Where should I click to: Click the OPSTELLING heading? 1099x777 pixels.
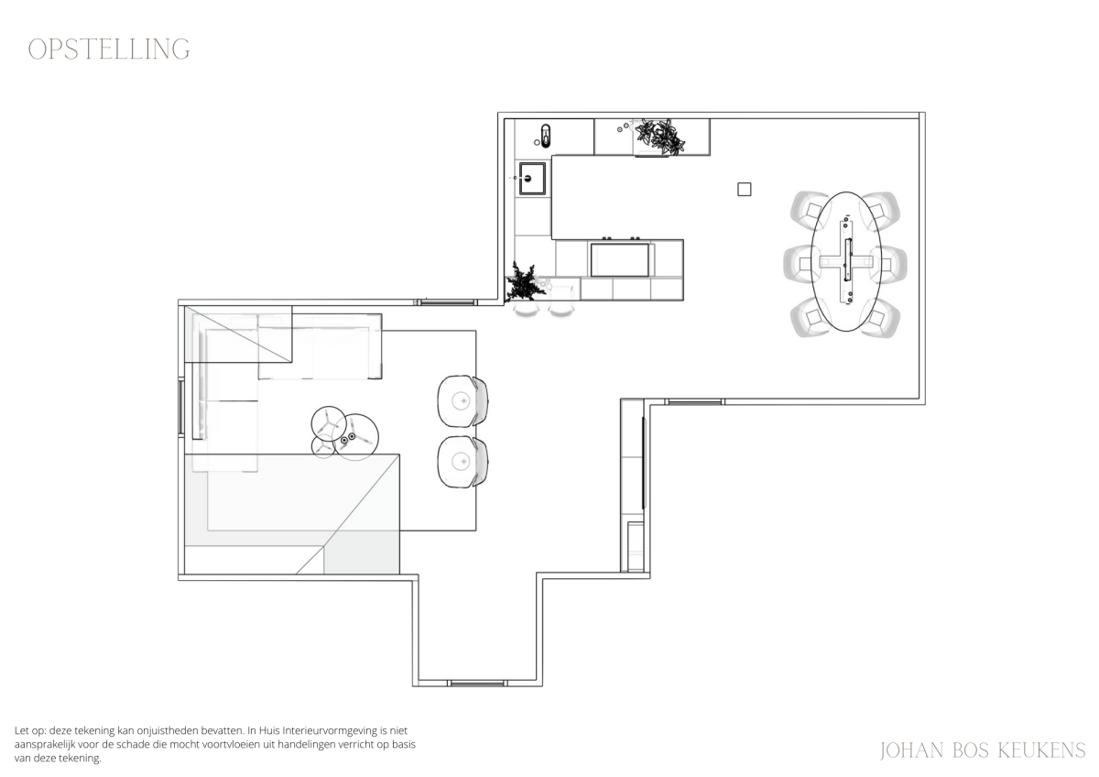109,49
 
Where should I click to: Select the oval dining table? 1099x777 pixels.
846,262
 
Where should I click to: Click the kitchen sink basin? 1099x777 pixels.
532,179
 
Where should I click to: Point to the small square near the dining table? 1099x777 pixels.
745,189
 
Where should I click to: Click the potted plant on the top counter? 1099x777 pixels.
660,136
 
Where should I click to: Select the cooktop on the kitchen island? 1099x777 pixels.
621,258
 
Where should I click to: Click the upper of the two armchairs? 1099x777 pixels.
462,401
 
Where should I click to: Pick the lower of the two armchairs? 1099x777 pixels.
462,462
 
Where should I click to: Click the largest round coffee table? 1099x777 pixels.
355,437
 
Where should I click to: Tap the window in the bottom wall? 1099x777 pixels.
477,683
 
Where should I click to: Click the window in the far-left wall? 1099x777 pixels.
181,406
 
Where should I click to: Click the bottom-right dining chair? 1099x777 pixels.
882,318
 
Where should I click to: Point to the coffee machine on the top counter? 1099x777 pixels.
545,136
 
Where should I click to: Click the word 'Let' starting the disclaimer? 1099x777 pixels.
22,730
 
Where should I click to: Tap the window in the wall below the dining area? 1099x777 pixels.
695,402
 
